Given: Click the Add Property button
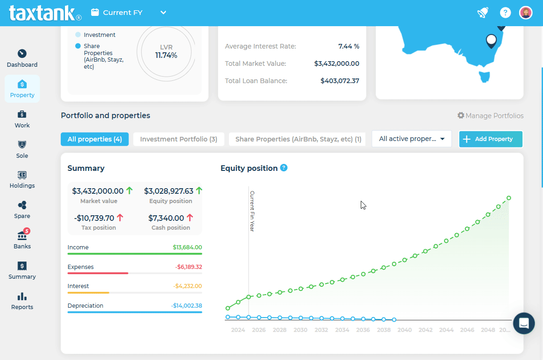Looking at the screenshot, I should tap(490, 139).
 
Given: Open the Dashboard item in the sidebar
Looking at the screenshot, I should tap(22, 58).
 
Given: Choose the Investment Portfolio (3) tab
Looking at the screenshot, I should tap(179, 139).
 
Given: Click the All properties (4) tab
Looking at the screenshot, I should tap(94, 139).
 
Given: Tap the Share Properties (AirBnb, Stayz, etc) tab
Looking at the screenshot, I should tap(298, 139).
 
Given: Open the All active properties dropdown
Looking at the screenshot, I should tap(411, 139).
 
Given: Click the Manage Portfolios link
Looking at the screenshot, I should tap(490, 116).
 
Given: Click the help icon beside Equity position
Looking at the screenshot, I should tap(284, 168).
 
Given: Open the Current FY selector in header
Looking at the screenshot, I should tap(129, 13).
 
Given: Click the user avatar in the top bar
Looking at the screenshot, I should tap(526, 13).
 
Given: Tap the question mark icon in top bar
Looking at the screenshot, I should tap(505, 13).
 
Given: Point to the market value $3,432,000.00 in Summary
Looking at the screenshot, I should tap(98, 191).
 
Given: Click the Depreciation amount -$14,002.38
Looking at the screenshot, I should tap(186, 306).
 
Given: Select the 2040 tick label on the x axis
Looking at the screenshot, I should tap(404, 330).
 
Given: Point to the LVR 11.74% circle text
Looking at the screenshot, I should tap(166, 51).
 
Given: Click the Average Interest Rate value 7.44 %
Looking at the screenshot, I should tap(349, 46).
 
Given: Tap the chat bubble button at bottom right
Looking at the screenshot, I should tap(523, 323).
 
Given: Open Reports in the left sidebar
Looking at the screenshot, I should tap(22, 301).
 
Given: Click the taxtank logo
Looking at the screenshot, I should tap(45, 13).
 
